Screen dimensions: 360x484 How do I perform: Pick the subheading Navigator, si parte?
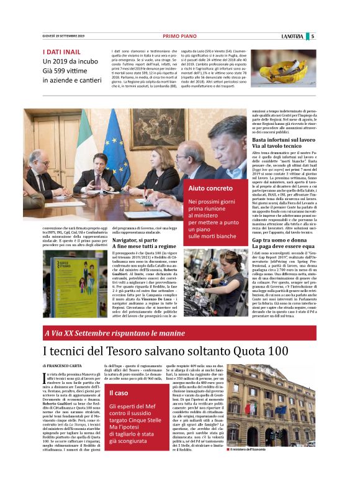click(x=135, y=240)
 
